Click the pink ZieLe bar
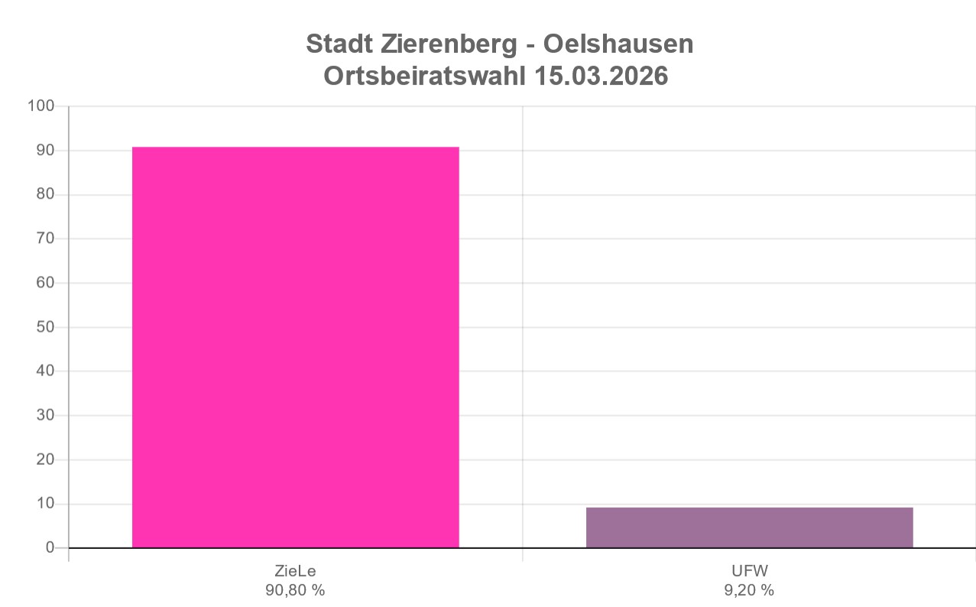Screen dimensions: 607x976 295,347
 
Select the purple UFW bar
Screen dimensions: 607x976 749,527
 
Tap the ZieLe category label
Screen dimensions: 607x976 295,572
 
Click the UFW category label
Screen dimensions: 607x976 749,572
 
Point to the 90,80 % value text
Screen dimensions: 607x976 295,590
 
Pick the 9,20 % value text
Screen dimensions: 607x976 749,590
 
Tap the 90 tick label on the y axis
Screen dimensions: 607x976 45,151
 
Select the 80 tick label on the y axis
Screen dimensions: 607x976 45,195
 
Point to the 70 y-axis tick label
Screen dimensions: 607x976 45,239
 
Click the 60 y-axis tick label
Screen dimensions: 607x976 45,283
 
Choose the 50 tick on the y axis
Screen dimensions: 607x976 45,327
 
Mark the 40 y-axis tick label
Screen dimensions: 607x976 45,372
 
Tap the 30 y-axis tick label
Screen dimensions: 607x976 45,415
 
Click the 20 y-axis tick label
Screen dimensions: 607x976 45,459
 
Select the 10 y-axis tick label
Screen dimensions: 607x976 45,504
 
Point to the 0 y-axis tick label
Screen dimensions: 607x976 50,548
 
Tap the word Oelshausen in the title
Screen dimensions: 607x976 618,44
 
